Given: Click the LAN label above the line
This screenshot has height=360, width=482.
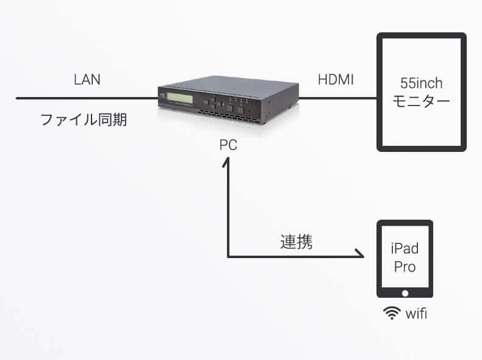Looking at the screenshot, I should pos(87,79).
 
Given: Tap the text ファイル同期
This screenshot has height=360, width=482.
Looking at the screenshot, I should pos(84,119).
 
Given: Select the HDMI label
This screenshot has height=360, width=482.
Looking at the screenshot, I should pos(336,79).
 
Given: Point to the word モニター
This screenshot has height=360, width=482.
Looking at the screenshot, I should pos(422,101).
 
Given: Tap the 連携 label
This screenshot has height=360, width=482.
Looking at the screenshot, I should pos(297,242).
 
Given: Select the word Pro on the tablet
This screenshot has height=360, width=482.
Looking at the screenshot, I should pos(404,267).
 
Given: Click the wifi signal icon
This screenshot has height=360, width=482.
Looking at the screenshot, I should pos(390,314).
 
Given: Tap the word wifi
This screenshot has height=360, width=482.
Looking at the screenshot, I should pos(415,314).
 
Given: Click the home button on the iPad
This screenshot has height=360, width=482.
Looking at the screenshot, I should pos(404,294).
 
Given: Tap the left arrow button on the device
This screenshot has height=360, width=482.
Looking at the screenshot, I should pos(206,103).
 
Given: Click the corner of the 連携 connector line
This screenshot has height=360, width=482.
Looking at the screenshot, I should pos(228,256).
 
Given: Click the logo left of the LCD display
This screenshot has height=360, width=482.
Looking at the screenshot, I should pos(163,95).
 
